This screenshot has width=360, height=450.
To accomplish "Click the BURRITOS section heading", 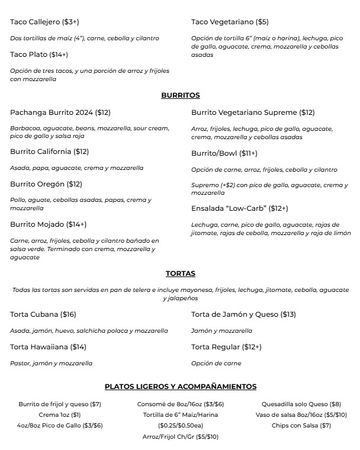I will pos(180,95).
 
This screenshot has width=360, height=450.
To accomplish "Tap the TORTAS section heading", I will pos(180,274).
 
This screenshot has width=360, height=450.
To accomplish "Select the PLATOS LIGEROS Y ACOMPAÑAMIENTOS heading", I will pos(180,387).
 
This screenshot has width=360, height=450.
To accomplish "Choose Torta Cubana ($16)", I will pos(43,314).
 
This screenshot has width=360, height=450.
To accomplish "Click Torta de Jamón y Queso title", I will pos(243,314).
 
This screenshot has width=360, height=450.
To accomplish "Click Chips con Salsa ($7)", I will pos(301,425).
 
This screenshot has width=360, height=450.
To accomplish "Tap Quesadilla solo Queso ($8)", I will pos(301,404).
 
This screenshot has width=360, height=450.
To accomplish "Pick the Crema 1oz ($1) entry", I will pos(60,414).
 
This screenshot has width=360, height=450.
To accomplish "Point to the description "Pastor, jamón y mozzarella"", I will pos(51,363).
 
